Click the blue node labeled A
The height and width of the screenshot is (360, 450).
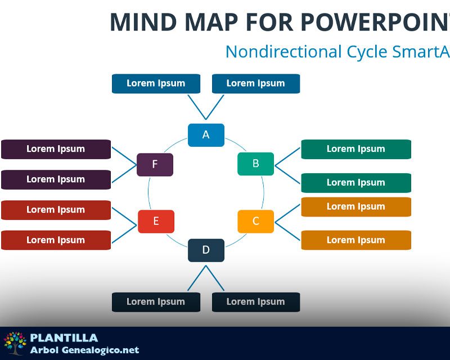206,135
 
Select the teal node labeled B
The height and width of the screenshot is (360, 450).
255,164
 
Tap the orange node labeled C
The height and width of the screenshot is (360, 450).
255,221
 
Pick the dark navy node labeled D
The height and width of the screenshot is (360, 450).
206,250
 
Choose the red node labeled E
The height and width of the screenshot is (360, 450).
156,221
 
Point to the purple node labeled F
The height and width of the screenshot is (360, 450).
155,164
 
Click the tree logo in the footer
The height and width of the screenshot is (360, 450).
15,343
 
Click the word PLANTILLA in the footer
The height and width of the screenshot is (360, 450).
64,338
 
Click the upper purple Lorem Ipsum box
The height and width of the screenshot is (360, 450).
56,149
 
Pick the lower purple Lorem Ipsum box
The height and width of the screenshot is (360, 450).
56,179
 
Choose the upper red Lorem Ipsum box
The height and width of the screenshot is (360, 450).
56,210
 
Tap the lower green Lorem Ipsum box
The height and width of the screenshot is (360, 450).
355,183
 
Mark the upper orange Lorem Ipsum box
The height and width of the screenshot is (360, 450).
355,206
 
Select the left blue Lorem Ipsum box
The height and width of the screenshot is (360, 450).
156,83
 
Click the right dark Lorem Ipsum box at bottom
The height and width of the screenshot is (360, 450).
255,301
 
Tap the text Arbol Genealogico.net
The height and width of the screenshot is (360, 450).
84,350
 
